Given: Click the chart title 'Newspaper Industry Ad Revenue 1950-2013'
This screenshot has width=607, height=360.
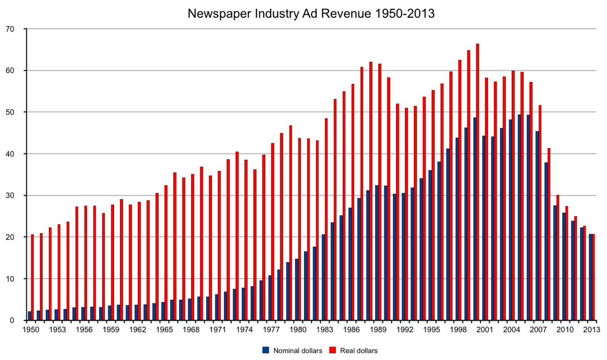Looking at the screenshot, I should (310, 13).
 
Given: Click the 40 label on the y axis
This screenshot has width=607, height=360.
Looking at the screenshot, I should (15, 154).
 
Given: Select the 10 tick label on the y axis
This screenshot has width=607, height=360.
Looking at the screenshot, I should (15, 279).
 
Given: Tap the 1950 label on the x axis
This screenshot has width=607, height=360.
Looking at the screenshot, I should (31, 329).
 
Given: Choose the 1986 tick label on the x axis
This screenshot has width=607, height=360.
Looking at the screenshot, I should (350, 329).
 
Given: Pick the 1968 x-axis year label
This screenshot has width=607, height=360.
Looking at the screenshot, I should (191, 329).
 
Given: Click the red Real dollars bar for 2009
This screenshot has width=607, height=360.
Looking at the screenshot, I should (557, 258).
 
